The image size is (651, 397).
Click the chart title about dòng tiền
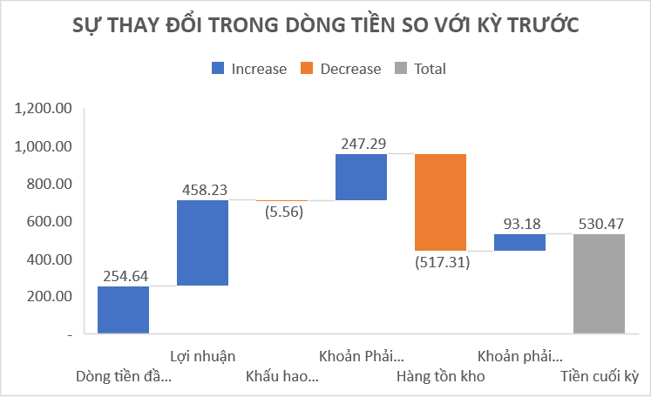pos(324,27)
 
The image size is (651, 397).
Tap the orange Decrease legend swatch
pos(307,69)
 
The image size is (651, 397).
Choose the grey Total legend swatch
pos(401,69)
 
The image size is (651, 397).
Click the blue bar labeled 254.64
pos(123,310)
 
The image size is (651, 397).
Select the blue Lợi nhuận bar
pos(202,243)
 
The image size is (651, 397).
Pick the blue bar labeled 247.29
pos(361,177)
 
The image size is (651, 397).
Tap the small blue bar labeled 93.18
pos(519,242)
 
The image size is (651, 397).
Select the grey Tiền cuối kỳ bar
pos(599,284)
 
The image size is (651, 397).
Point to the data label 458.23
pos(202,188)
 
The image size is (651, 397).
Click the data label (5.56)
pos(281,212)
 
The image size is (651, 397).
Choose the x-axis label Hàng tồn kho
pos(440,377)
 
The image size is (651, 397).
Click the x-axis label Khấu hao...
pos(281,377)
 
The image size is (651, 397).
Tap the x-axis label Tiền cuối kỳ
pos(599,377)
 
